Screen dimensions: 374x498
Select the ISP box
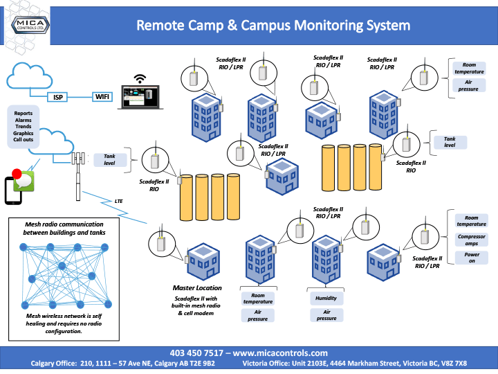pyautogui.click(x=58, y=98)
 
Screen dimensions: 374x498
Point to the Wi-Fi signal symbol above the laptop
pyautogui.click(x=141, y=78)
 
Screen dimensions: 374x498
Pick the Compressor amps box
pyautogui.click(x=471, y=239)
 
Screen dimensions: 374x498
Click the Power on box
pyautogui.click(x=471, y=258)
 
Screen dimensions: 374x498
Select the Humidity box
pyautogui.click(x=326, y=299)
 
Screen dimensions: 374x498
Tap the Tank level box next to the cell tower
pyautogui.click(x=110, y=161)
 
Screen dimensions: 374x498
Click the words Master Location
pyautogui.click(x=197, y=287)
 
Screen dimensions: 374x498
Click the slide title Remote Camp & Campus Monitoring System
pyautogui.click(x=273, y=26)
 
